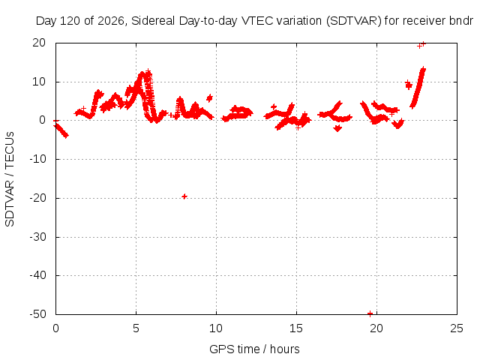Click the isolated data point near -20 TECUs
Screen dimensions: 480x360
pos(184,196)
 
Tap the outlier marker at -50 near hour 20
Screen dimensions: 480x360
pos(370,313)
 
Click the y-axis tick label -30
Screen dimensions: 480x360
pos(38,237)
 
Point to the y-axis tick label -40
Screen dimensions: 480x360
pos(38,275)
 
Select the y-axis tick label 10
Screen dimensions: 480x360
pos(39,82)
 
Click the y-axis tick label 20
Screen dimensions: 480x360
pos(39,43)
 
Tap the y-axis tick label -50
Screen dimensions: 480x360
pos(38,314)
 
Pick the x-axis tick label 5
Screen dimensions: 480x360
pos(136,328)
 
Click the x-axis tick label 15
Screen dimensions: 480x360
pos(296,328)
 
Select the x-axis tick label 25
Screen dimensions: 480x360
pos(457,328)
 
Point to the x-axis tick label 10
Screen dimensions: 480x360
pos(216,328)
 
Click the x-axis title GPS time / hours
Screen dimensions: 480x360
pos(254,349)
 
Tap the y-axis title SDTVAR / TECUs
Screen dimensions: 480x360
pos(10,179)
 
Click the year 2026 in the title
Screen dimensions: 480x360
pos(110,21)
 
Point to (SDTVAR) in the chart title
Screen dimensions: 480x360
pos(354,21)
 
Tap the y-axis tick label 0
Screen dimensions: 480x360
pos(42,120)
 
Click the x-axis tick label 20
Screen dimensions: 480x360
pos(376,328)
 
